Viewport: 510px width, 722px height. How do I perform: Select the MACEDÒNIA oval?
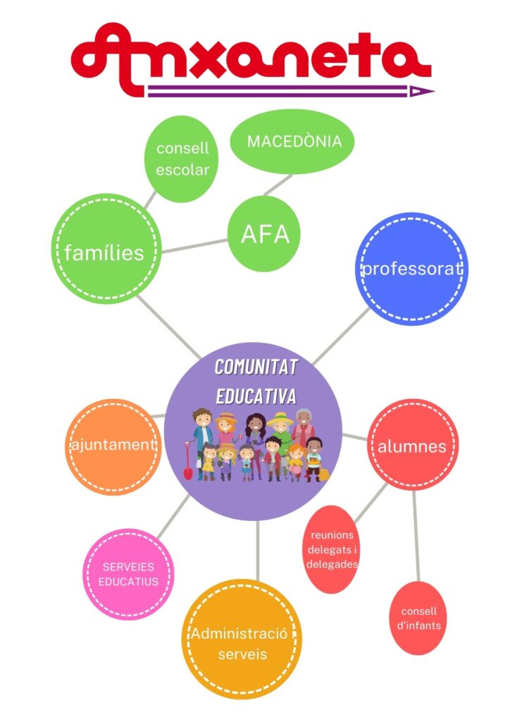coord(293,141)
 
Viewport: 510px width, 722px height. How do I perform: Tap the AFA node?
coord(265,234)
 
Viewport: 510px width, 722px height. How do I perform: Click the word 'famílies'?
coord(104,252)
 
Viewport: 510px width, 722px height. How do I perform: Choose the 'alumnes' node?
coord(413,446)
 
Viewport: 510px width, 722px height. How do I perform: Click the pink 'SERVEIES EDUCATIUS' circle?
coord(128,574)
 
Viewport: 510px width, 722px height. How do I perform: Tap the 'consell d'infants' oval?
coord(418,618)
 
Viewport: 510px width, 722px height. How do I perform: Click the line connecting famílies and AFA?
coord(195,245)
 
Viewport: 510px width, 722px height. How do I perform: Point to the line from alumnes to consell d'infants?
coord(416,536)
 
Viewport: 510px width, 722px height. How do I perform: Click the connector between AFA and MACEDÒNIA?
coord(278,185)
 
